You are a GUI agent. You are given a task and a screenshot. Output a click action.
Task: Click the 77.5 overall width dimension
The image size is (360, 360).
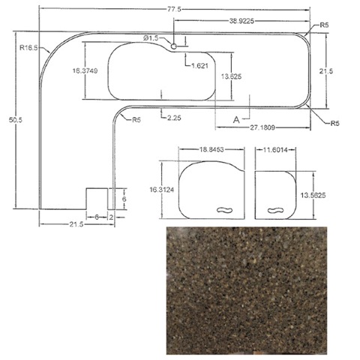tap(174, 10)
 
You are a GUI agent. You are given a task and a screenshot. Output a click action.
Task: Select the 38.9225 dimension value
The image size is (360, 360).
tap(241, 21)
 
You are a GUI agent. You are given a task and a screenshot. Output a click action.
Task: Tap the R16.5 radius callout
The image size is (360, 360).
tap(28, 47)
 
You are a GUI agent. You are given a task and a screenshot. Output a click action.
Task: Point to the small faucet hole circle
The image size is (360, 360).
tap(173, 46)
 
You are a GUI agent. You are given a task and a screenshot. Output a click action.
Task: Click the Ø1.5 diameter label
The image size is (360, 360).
tap(151, 38)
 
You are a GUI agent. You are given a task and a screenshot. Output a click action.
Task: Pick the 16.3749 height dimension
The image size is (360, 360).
tap(85, 70)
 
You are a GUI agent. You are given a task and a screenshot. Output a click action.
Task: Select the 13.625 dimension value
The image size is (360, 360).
tap(231, 76)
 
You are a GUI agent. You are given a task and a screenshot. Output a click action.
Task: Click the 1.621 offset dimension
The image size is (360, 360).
tap(199, 66)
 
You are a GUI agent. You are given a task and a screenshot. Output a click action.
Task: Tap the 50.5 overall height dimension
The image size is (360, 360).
tap(16, 120)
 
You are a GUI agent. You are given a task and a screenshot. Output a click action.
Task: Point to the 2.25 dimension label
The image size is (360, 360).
tap(174, 118)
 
